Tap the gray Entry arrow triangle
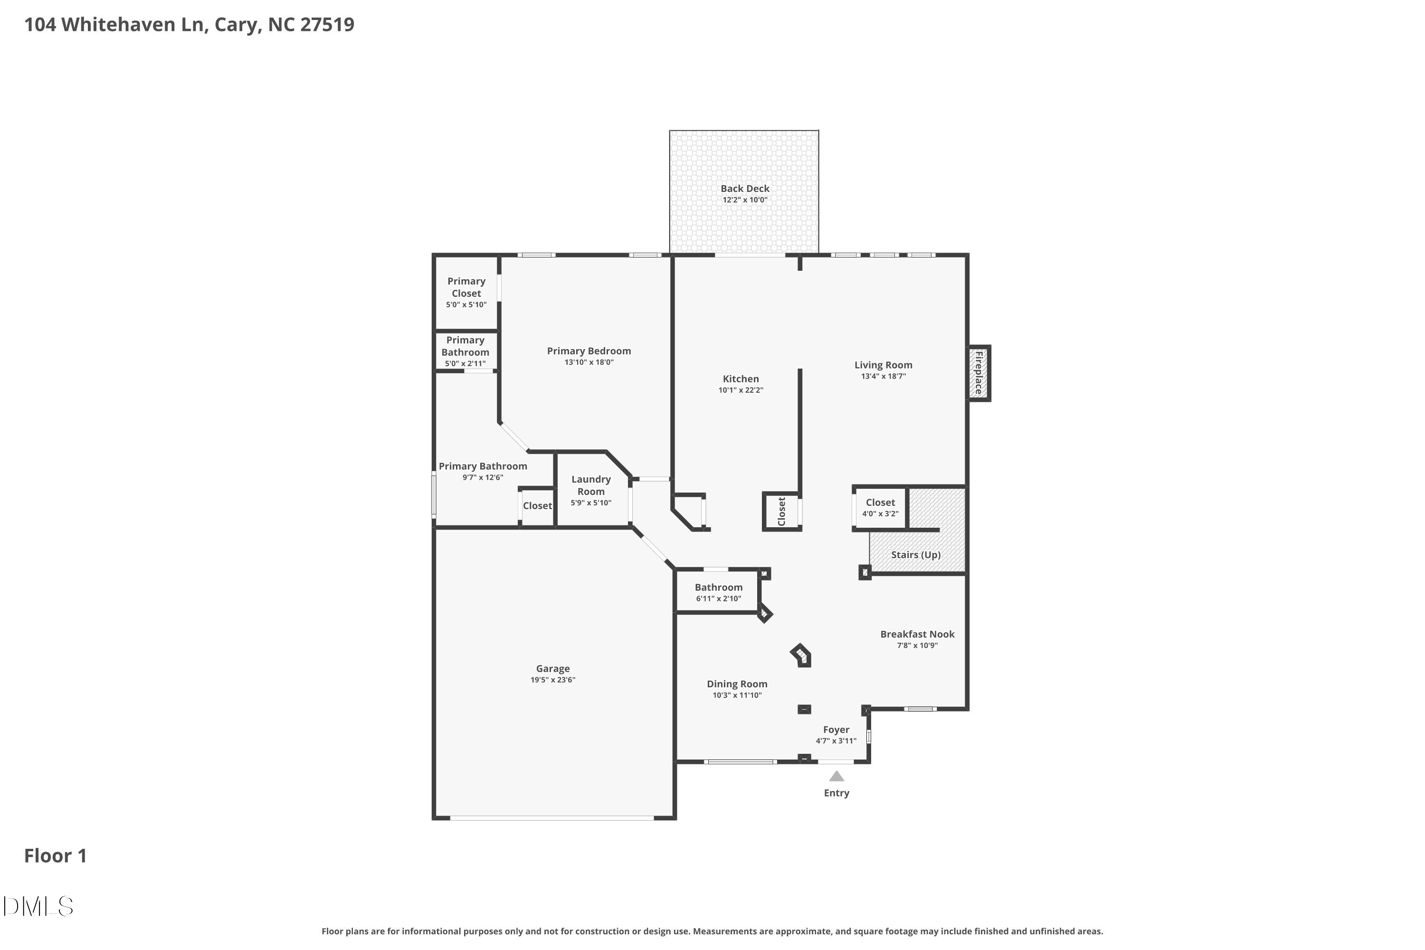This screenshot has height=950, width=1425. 836,776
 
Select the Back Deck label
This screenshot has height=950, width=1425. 745,189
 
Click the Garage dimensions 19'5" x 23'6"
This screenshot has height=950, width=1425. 552,680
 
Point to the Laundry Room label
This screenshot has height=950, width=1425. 591,485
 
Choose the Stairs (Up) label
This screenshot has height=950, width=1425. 915,555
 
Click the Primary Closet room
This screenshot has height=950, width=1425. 466,292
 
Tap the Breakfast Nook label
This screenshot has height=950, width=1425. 917,634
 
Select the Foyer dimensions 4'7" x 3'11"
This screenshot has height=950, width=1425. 836,741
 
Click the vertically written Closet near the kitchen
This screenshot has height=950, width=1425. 781,512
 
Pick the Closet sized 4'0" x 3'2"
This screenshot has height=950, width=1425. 880,508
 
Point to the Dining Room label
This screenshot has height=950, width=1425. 737,684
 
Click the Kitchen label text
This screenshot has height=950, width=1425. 741,379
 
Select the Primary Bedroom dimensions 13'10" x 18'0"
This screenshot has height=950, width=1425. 589,362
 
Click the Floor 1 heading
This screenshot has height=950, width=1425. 55,855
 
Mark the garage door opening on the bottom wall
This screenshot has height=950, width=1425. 551,818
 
